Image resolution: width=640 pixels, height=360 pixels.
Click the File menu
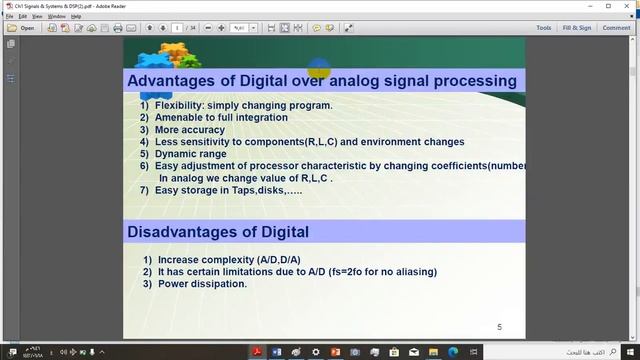[x=10, y=16]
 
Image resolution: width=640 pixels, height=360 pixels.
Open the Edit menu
[x=23, y=16]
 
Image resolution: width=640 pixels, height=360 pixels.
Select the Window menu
[x=57, y=16]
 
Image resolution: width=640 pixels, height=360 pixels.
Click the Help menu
[x=76, y=16]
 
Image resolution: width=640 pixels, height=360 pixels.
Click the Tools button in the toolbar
[x=543, y=28]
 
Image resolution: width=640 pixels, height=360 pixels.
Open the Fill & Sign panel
[x=576, y=28]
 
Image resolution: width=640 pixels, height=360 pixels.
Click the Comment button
[x=616, y=28]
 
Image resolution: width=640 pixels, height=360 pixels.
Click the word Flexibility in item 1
[x=180, y=105]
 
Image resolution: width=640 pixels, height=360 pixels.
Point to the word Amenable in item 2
[x=184, y=117]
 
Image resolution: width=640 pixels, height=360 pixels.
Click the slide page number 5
[x=500, y=327]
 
